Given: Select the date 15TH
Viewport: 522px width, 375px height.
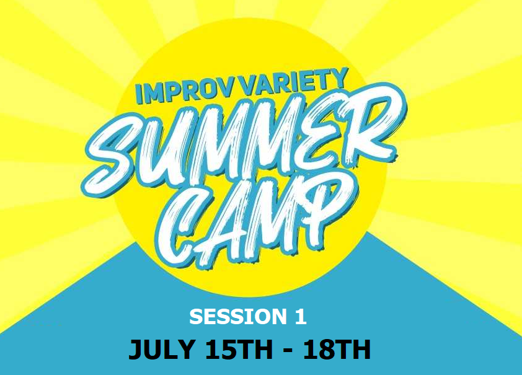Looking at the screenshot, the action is click(239, 350).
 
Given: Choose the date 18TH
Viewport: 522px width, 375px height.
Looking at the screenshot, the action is click(337, 350).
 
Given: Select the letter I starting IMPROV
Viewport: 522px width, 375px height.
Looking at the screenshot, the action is click(139, 95).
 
